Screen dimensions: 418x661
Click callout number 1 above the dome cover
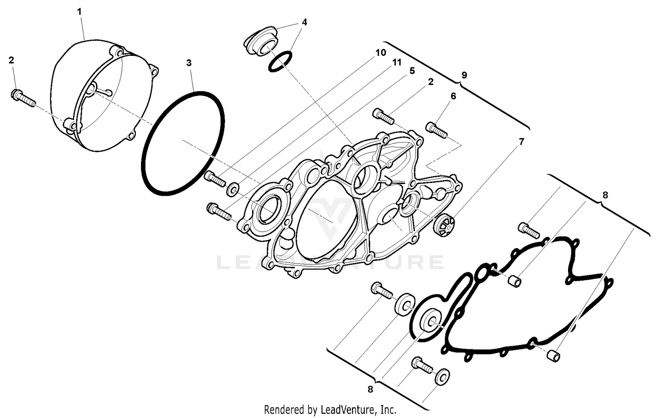79,11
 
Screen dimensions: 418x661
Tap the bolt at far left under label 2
22,98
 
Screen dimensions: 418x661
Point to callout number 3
189,63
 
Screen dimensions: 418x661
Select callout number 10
381,53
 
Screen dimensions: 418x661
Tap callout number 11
397,62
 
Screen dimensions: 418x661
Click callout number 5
412,71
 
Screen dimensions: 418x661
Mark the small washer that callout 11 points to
233,189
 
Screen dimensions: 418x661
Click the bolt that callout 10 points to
215,178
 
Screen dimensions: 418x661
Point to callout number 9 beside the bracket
464,75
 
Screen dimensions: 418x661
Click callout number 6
453,96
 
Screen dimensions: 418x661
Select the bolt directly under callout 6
436,130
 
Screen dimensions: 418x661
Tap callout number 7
521,142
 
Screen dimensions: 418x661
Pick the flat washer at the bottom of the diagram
442,377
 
